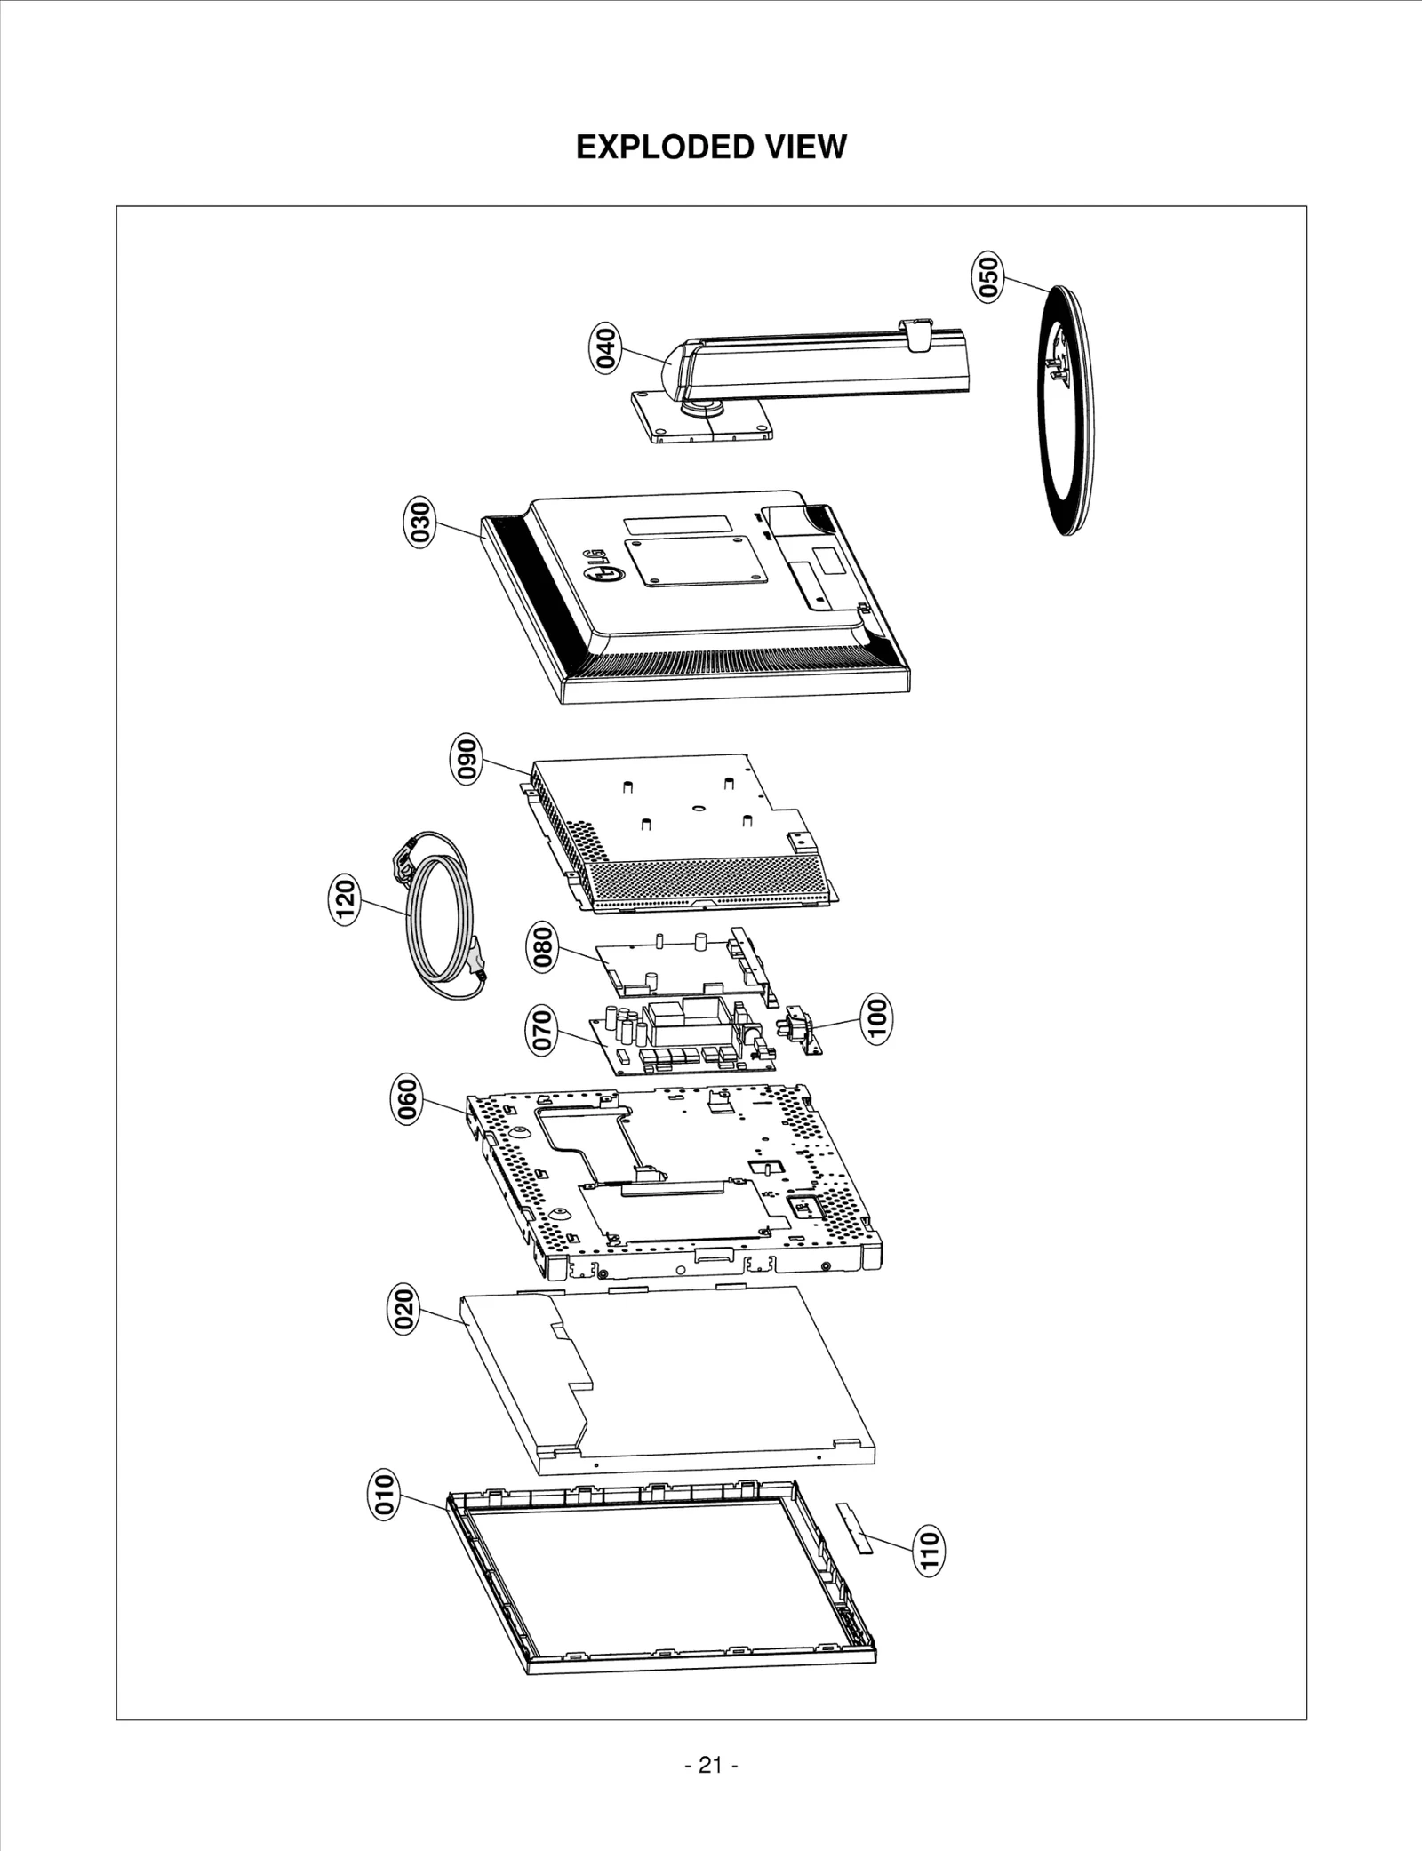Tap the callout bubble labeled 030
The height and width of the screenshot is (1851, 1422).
(x=420, y=523)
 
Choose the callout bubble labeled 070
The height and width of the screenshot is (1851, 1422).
(x=541, y=1030)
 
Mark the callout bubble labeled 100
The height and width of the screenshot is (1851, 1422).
(x=876, y=1019)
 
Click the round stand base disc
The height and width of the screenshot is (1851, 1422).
(x=1067, y=411)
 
